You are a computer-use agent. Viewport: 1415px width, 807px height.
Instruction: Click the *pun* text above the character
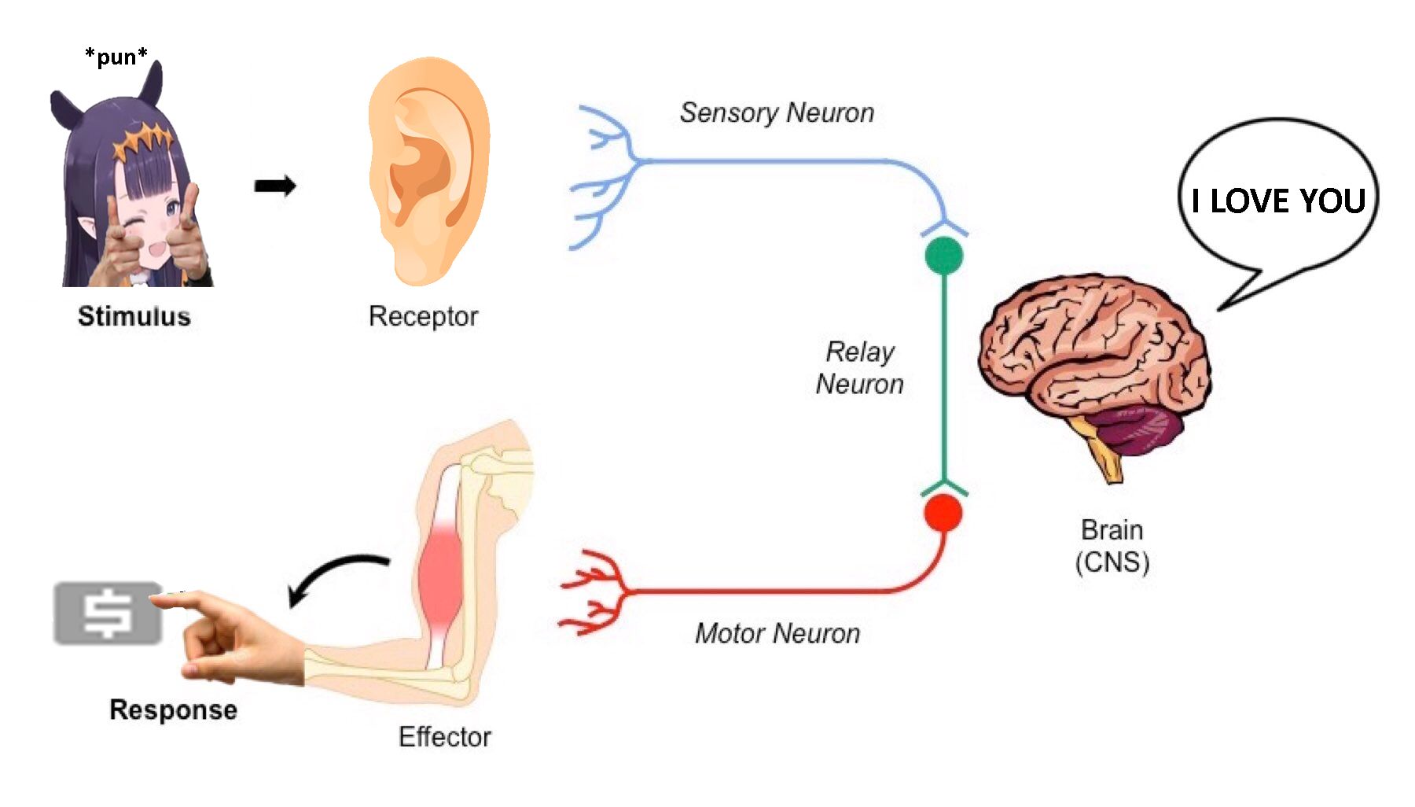point(116,57)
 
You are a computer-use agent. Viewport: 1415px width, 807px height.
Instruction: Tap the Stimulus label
point(134,316)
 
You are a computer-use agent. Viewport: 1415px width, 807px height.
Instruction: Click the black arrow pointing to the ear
point(275,186)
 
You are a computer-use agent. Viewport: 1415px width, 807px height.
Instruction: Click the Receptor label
point(423,316)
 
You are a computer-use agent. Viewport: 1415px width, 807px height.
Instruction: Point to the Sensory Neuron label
point(777,112)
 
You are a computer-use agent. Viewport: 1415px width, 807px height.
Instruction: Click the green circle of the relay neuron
point(943,256)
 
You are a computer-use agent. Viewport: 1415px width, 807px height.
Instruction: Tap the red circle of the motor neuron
point(943,513)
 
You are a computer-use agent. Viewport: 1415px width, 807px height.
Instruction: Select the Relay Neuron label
point(860,367)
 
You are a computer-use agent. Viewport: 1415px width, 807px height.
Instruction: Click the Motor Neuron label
point(777,633)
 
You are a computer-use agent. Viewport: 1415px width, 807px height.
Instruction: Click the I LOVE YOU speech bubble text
point(1278,201)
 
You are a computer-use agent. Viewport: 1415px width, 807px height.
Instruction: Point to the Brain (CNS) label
point(1112,546)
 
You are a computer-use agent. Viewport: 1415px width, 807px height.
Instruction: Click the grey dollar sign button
point(108,614)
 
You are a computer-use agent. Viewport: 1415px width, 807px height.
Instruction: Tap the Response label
point(173,709)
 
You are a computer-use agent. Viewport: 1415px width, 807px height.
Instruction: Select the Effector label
point(444,737)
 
